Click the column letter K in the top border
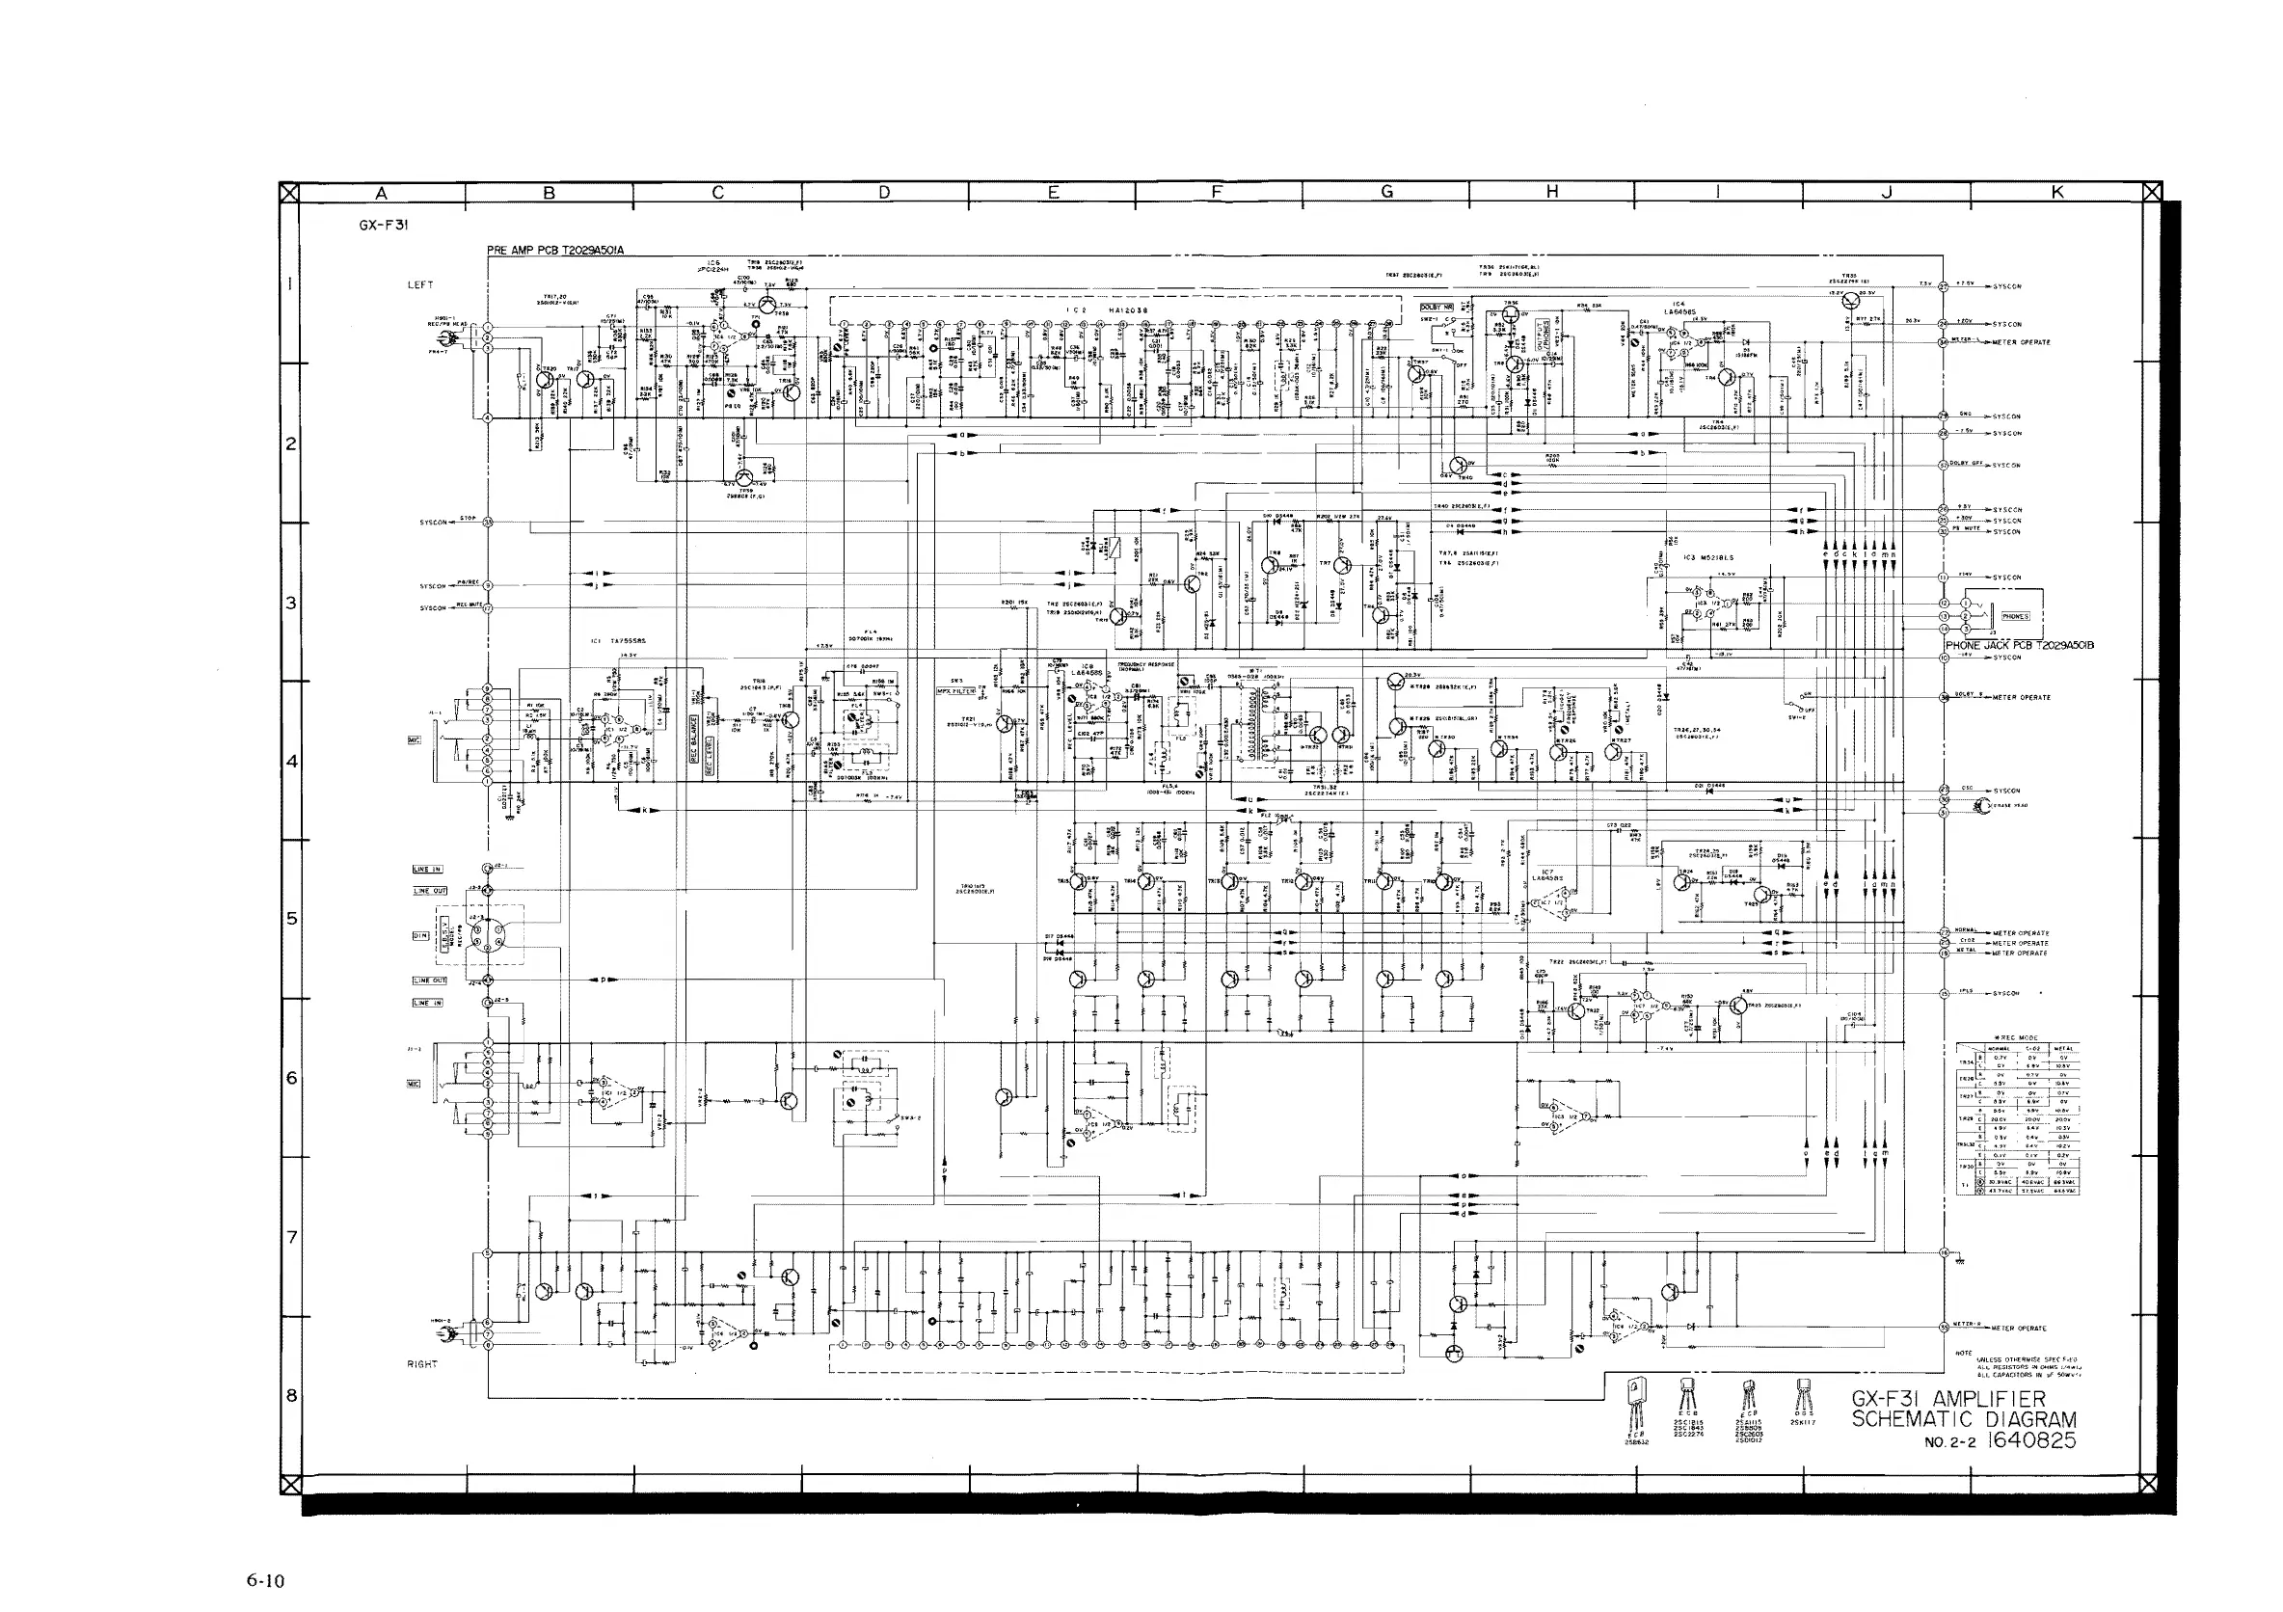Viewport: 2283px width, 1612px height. click(x=2057, y=193)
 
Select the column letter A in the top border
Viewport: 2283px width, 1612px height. click(x=381, y=194)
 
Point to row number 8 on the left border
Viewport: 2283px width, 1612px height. click(x=290, y=1395)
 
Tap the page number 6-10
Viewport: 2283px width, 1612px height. click(x=265, y=1580)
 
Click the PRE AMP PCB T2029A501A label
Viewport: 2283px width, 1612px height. click(x=556, y=250)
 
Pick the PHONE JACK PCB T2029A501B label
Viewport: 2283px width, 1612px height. click(x=2020, y=645)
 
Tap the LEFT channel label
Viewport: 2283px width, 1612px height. click(x=420, y=285)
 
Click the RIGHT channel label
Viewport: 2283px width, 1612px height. click(x=422, y=1364)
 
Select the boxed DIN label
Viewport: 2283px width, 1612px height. click(x=420, y=936)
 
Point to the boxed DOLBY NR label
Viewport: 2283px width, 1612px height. click(x=1437, y=308)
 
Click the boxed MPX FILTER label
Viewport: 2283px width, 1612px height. click(x=955, y=691)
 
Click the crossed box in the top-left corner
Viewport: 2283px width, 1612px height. click(x=289, y=193)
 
